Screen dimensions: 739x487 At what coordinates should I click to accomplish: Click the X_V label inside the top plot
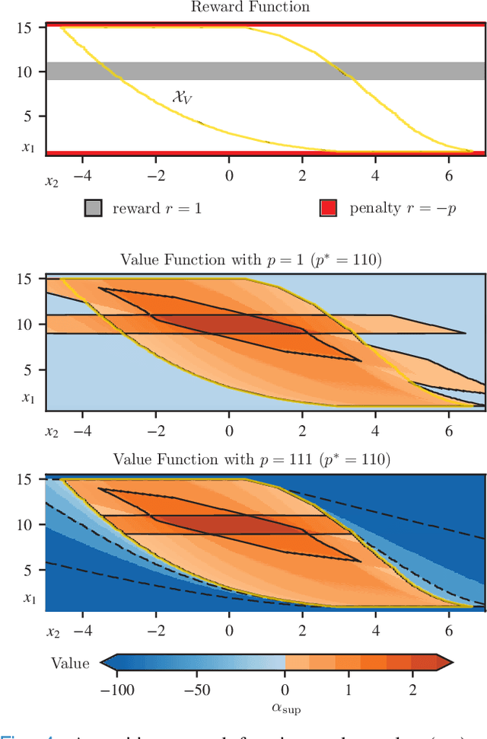pos(182,97)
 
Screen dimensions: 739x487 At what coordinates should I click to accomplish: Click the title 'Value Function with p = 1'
pos(251,260)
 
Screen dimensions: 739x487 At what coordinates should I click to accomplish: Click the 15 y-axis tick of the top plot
pos(26,28)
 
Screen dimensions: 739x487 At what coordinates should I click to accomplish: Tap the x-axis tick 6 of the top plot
pos(448,174)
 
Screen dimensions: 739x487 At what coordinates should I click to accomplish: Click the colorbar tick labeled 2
pos(412,682)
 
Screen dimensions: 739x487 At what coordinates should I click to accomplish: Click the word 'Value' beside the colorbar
pos(70,664)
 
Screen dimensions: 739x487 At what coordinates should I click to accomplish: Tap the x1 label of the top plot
pos(28,147)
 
